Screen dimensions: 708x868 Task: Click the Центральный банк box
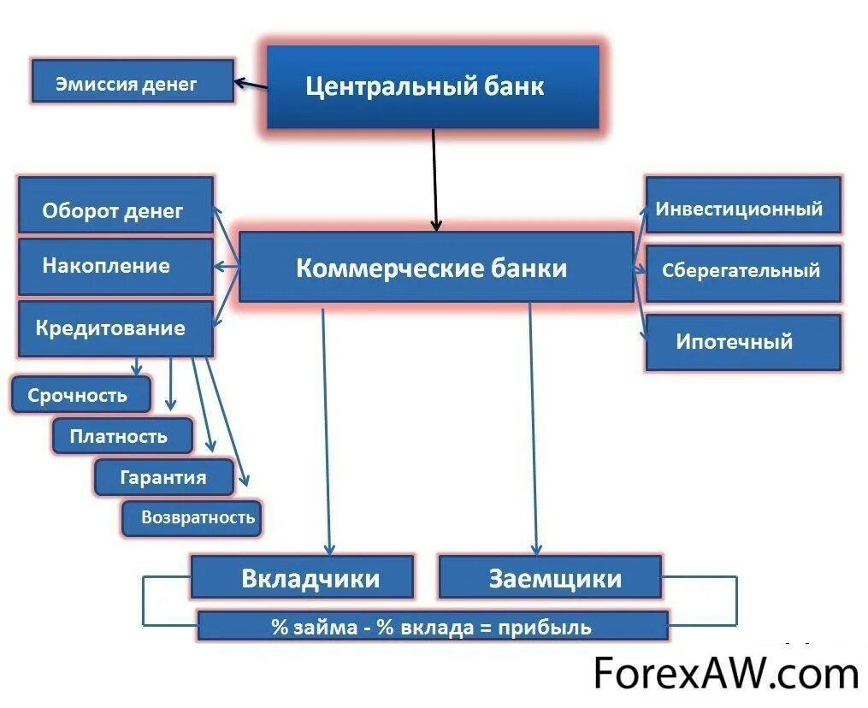(433, 86)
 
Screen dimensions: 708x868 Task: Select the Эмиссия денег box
(133, 82)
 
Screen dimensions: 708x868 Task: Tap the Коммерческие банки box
(435, 267)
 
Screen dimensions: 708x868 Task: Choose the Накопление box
(115, 266)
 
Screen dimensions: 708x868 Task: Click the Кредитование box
(115, 327)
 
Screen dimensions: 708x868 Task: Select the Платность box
(121, 436)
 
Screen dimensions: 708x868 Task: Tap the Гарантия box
(162, 477)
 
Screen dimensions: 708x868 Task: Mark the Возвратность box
(192, 518)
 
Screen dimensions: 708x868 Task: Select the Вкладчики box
(302, 577)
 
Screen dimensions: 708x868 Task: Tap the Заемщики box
(550, 577)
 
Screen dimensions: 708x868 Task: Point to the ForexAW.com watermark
(725, 674)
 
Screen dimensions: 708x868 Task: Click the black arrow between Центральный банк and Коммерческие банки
(434, 180)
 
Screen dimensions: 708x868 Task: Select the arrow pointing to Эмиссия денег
(251, 84)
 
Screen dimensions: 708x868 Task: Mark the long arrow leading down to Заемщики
(533, 428)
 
